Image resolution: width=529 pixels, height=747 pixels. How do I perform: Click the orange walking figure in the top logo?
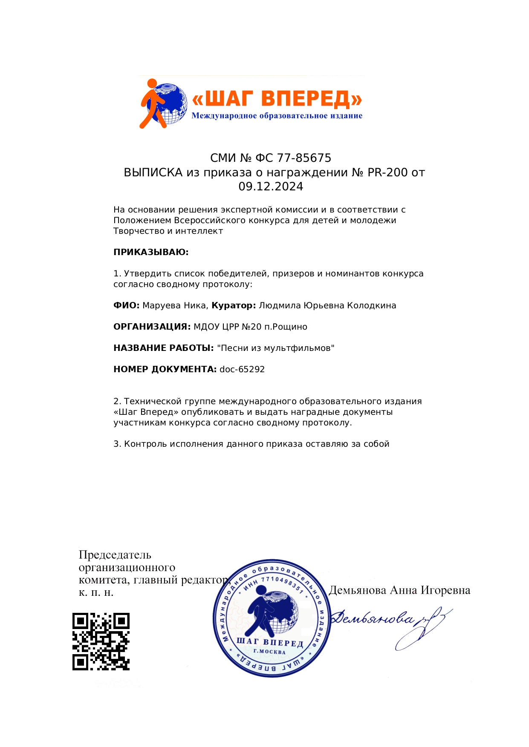[152, 103]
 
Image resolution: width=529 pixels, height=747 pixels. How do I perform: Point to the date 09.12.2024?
[271, 187]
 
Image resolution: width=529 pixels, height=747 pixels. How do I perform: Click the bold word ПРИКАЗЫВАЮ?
[151, 252]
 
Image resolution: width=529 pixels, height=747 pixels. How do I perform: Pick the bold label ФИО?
[126, 305]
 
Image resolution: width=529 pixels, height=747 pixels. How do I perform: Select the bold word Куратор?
[234, 305]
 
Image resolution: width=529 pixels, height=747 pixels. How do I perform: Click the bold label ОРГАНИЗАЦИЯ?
[152, 327]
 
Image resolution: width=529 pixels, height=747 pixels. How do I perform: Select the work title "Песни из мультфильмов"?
[276, 348]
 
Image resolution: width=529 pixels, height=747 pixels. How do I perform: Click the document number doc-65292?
[242, 369]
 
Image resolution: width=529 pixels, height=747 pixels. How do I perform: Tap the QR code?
[101, 641]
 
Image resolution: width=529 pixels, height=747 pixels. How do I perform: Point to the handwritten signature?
[390, 624]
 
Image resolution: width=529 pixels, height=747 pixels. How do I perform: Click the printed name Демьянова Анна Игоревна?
[399, 590]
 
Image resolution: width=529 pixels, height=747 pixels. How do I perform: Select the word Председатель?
[115, 555]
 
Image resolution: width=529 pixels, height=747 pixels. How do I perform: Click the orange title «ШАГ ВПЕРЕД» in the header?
[277, 99]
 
